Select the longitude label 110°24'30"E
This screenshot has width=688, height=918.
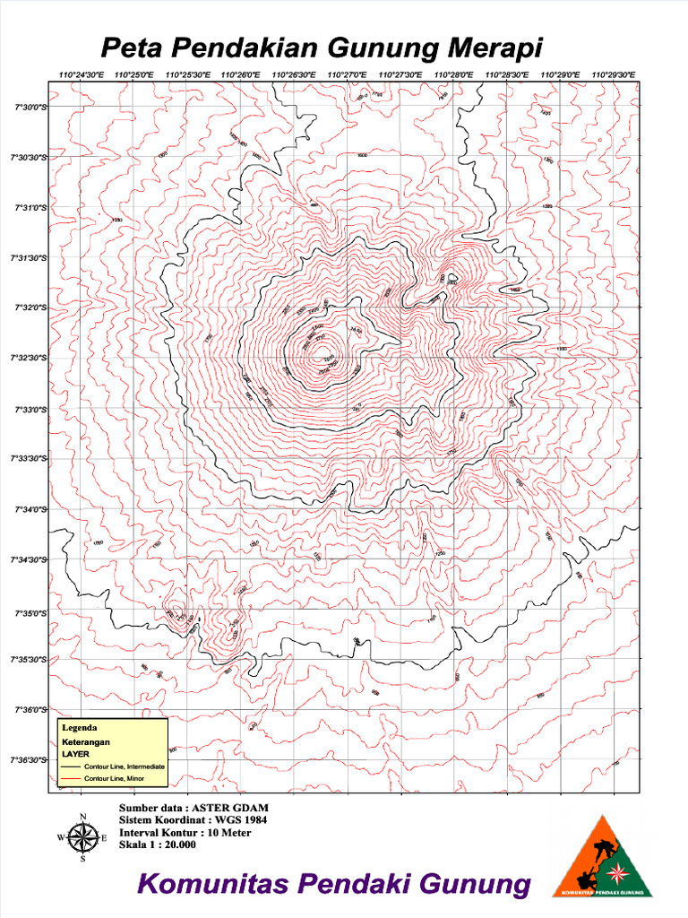(x=81, y=75)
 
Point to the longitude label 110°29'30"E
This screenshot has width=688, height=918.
(x=614, y=75)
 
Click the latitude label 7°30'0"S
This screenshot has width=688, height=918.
(x=30, y=108)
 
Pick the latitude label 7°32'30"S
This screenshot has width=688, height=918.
(x=30, y=359)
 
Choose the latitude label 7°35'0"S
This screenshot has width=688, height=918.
(x=30, y=614)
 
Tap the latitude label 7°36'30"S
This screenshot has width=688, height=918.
(x=30, y=760)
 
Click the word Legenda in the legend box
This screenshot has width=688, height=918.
(x=79, y=728)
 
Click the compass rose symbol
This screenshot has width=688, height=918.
(x=82, y=838)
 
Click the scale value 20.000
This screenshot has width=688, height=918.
(x=177, y=844)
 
